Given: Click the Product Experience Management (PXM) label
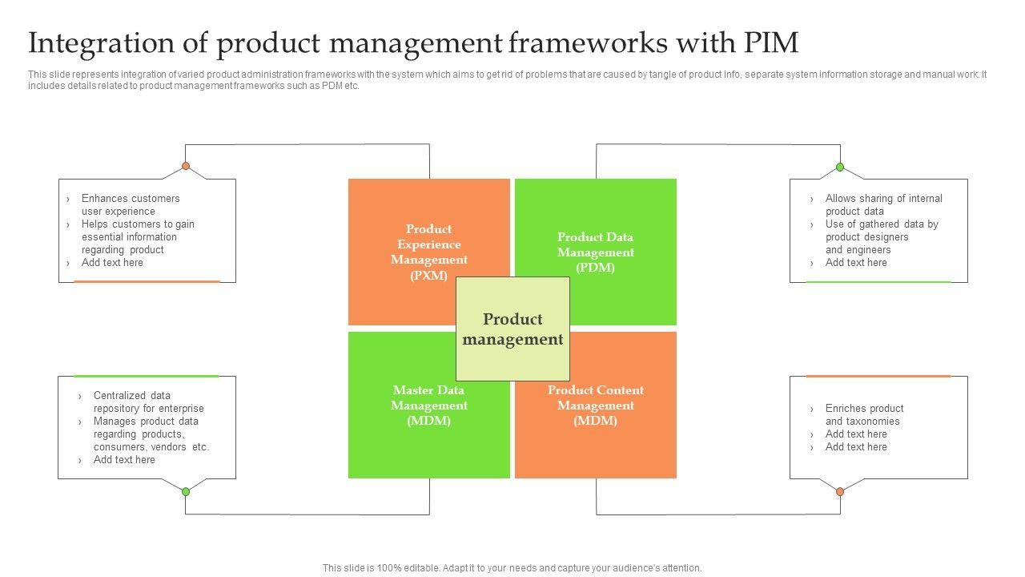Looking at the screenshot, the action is coord(429,252).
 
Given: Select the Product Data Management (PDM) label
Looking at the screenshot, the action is coord(595,252).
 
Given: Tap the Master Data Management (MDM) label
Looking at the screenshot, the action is coord(429,405).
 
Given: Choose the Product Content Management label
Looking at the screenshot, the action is coord(595,405).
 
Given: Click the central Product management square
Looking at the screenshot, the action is coord(512,329).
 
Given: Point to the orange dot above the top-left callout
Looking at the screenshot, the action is coord(186,167).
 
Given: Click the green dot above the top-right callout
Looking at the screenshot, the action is coord(840,167).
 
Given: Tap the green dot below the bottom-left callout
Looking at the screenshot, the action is coord(186,491).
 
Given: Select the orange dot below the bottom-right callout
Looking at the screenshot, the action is coord(840,491).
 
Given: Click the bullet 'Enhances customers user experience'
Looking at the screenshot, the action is coord(131,204).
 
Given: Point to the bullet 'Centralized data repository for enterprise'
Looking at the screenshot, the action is coord(148,401).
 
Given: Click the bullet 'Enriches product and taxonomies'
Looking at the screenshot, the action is coord(864,414).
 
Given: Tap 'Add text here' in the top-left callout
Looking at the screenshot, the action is coord(112,262).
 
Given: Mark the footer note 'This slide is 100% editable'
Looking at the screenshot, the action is coord(512,567).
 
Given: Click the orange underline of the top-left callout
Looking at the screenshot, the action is coord(147,281).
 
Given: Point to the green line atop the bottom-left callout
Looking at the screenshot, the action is coord(147,376).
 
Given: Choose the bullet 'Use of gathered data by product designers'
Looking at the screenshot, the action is coord(881,236).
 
